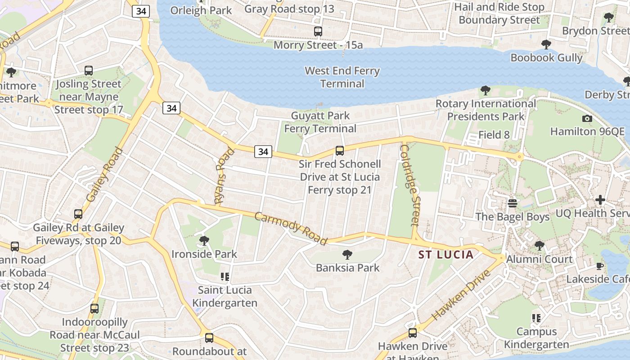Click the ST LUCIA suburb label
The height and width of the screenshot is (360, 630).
pos(446,255)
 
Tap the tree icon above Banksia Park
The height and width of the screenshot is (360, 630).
pos(347,255)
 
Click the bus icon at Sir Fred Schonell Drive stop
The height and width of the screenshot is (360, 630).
pos(340,151)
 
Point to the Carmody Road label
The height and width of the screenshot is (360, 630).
pos(291,229)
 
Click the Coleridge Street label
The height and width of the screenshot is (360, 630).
pos(409,184)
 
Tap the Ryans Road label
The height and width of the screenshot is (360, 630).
pos(225,176)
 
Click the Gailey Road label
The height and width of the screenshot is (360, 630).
pos(104,175)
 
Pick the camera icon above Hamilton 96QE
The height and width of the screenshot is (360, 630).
pos(587,119)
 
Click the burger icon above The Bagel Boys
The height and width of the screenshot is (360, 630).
pos(512,203)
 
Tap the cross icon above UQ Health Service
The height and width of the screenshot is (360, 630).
pos(600,200)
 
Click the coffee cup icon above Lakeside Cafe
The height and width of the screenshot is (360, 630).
pos(600,266)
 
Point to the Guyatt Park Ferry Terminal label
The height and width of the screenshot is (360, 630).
pos(320,122)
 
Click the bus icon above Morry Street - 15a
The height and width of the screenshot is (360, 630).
pos(318,31)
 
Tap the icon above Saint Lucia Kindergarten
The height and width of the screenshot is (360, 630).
pos(225,277)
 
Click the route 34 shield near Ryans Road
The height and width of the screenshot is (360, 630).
pos(263,152)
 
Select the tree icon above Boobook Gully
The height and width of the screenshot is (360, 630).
pos(546,45)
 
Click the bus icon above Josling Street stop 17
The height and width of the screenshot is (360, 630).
pos(89,71)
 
